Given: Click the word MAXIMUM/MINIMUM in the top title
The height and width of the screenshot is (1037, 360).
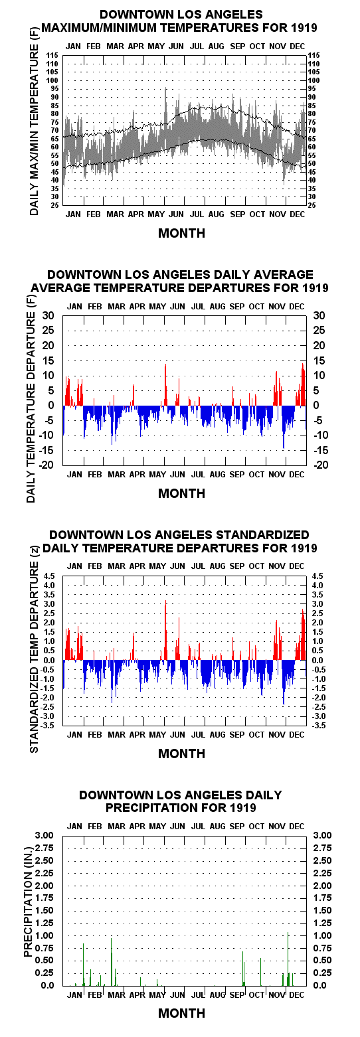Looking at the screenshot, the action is (x=99, y=28).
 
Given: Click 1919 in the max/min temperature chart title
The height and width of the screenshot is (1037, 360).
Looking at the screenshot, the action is (x=304, y=28).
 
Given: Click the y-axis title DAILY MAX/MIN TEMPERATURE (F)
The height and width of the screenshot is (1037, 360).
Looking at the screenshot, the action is (x=34, y=129).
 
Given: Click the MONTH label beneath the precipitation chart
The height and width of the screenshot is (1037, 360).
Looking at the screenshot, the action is (x=181, y=1013).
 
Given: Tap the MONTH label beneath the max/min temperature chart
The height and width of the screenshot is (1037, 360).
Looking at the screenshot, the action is (x=181, y=233).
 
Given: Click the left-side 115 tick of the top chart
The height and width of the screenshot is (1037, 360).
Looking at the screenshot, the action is (x=52, y=56).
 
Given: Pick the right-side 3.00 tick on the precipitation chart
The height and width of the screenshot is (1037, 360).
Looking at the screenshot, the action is (x=322, y=835).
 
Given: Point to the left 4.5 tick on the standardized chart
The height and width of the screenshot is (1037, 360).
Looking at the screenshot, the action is (x=50, y=576).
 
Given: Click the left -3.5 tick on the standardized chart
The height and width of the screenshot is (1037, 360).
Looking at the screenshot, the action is (x=48, y=726).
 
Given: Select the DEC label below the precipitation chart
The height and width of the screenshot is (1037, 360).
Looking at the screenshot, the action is (x=297, y=995).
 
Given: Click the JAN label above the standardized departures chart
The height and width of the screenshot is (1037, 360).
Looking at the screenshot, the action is (x=74, y=566).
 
